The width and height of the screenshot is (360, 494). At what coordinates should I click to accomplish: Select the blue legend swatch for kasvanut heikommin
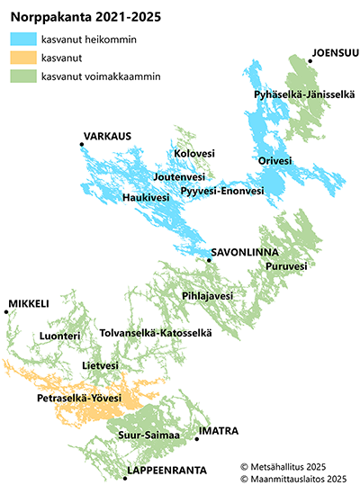coord(23,39)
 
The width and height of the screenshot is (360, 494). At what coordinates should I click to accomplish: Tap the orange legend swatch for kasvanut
coord(23,58)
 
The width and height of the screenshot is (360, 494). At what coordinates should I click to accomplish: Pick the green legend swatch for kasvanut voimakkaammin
coord(23,76)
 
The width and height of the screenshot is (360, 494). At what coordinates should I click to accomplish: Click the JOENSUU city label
coord(335,52)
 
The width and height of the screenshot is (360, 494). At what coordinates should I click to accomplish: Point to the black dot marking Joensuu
coord(309,60)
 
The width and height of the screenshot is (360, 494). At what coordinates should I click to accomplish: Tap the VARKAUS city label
coord(107,136)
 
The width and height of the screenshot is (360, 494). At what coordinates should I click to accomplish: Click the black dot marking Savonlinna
coord(208,260)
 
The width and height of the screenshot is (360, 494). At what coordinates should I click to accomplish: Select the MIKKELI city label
coord(28,304)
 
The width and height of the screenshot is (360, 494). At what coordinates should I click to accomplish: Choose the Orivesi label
coord(274,161)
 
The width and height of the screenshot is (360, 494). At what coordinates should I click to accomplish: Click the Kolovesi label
coord(194,154)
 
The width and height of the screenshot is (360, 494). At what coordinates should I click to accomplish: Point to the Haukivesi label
coord(146,196)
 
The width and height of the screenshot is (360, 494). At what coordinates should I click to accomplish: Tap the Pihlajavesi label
coord(207,295)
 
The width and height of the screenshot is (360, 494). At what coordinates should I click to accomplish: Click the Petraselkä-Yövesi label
coord(79,397)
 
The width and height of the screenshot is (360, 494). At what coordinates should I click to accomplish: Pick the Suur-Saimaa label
coord(149,436)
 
